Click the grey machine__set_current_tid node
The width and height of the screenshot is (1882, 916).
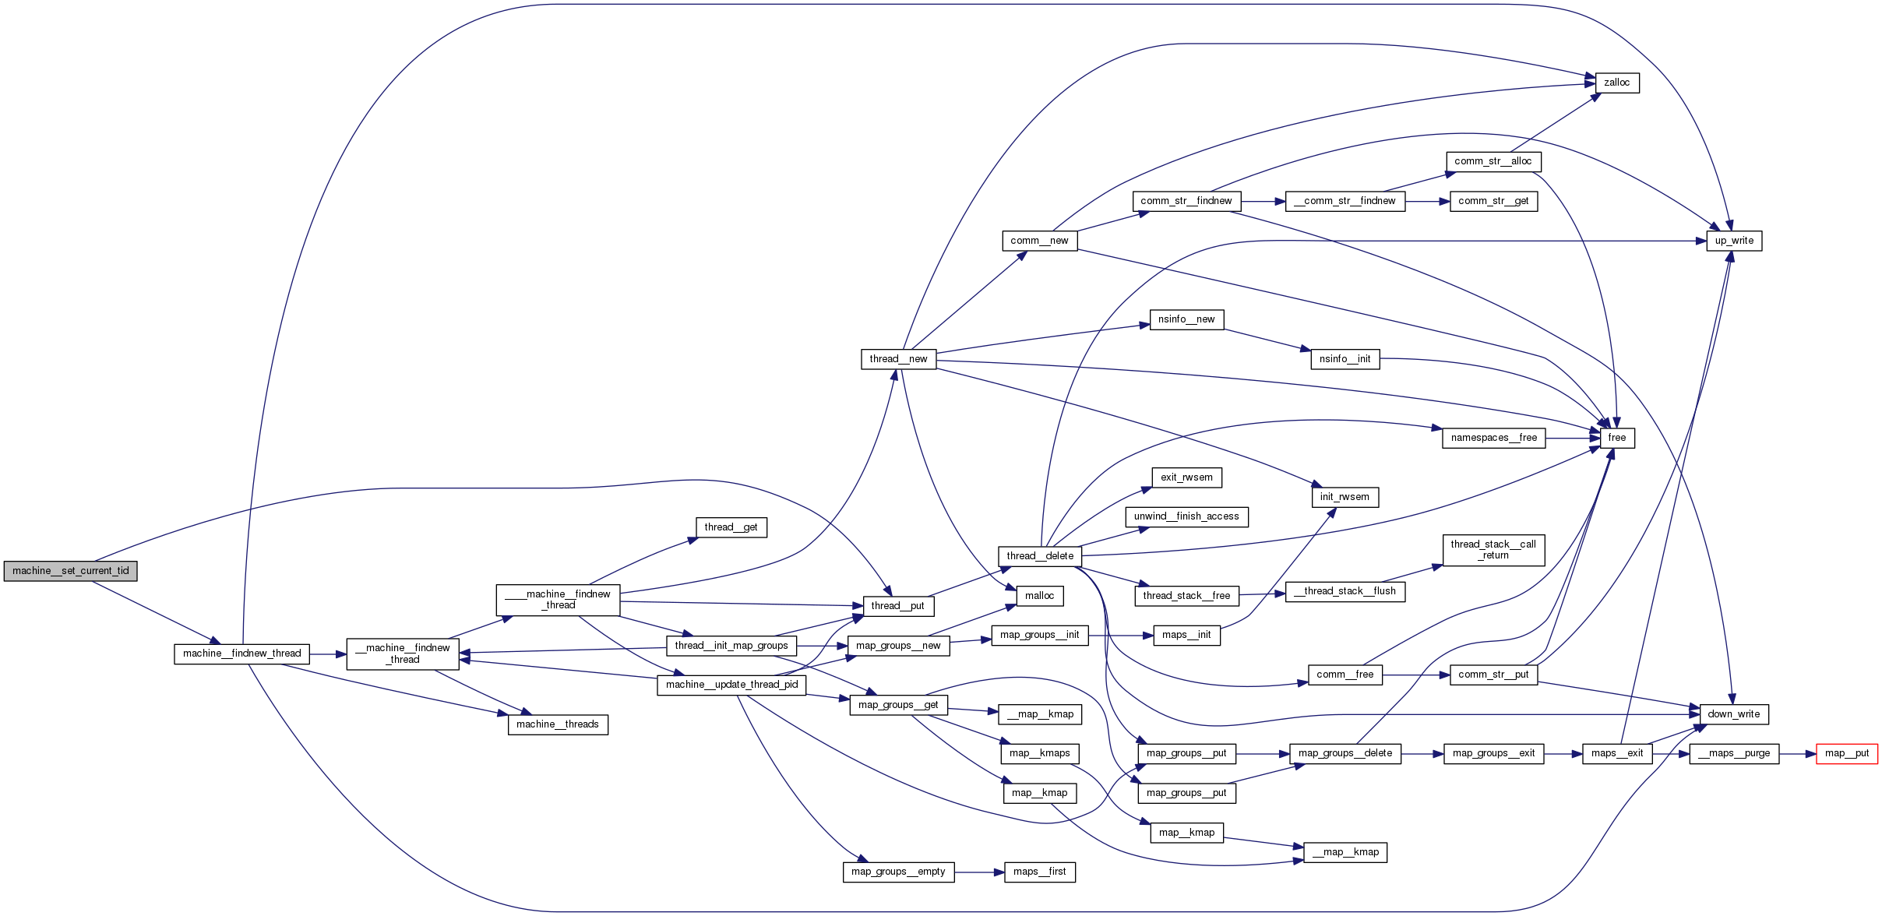coord(70,571)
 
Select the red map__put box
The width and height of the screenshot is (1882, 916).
coord(1846,754)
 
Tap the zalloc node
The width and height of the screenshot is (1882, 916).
coord(1616,83)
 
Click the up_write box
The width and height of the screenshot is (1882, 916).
coord(1733,241)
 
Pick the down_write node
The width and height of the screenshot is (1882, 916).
coord(1733,714)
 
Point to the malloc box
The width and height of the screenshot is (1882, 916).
coord(1039,596)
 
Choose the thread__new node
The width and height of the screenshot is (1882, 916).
coord(898,359)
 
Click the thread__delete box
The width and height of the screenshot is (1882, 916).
coord(1039,556)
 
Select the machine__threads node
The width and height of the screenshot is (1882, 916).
coord(557,724)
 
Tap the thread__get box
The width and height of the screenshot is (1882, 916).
coord(731,527)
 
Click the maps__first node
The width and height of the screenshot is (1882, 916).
coord(1039,872)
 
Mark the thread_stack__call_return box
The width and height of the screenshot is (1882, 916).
coord(1493,550)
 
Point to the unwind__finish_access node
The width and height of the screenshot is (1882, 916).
coord(1186,516)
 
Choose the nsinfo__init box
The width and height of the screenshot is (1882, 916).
coord(1345,359)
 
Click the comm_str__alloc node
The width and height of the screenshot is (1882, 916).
coord(1493,161)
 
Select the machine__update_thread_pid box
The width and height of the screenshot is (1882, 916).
coord(731,685)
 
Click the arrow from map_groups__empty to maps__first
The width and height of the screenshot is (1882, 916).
coord(979,872)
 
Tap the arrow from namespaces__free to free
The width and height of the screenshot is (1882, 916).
coord(1572,439)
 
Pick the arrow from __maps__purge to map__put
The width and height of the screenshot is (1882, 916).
coord(1797,754)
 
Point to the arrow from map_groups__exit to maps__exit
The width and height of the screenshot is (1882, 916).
coord(1563,754)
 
